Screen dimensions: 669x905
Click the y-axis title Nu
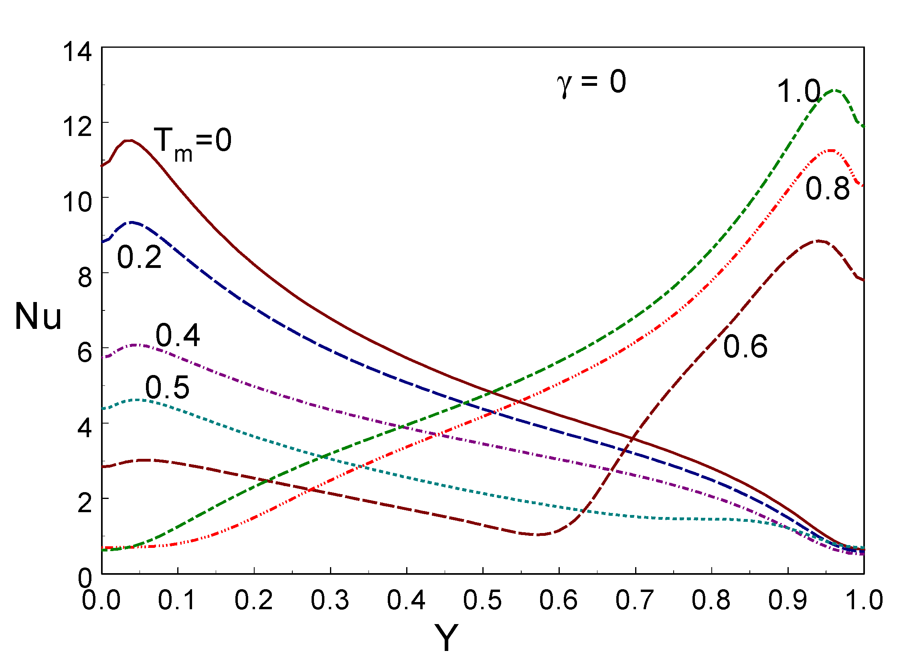38,317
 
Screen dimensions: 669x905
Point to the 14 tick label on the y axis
77,52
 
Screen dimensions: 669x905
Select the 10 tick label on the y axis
77,202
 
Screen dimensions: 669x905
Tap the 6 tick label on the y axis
85,353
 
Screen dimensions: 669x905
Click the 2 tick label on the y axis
85,503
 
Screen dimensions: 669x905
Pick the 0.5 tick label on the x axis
482,600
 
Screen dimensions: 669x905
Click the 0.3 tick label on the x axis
330,600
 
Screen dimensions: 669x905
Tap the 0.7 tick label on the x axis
635,600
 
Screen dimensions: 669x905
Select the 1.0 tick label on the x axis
864,600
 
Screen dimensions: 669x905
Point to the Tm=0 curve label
192,143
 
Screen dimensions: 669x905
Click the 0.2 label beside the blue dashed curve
139,257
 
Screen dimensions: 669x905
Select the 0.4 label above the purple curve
178,335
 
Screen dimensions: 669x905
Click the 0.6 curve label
745,347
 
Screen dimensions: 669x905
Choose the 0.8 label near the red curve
827,189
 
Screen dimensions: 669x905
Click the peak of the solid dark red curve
129,140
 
